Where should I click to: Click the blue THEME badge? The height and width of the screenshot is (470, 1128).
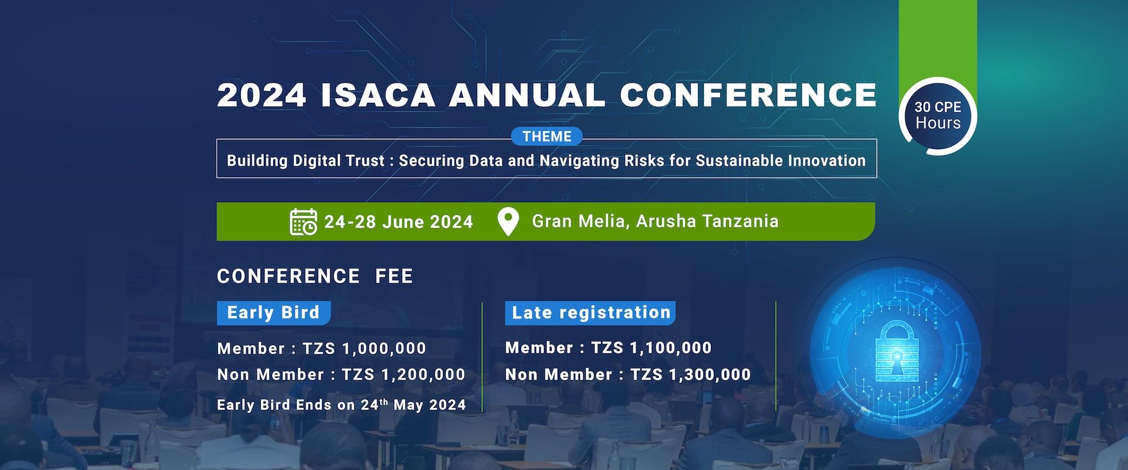(546, 136)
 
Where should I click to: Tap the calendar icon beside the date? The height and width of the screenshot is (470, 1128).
(303, 221)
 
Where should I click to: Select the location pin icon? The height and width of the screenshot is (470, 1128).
(508, 221)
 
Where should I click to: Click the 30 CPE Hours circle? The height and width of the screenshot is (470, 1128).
(938, 116)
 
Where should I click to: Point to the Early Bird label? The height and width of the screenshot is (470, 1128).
(273, 313)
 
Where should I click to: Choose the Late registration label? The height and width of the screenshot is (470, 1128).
(590, 313)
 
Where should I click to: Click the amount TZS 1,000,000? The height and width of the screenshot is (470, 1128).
(364, 348)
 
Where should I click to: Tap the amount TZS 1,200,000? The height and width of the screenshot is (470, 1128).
(404, 375)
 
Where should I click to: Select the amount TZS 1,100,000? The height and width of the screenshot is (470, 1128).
(651, 348)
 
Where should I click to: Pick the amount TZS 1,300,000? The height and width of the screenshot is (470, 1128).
(690, 375)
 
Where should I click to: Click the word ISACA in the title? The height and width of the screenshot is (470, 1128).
(378, 95)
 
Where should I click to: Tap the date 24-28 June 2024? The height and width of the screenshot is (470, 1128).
(398, 222)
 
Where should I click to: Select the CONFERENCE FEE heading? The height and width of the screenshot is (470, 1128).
(315, 276)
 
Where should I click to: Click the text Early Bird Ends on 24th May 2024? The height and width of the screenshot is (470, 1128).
(341, 405)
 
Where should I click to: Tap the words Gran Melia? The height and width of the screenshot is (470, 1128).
(578, 221)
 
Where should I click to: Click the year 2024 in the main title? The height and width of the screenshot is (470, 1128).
(262, 95)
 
